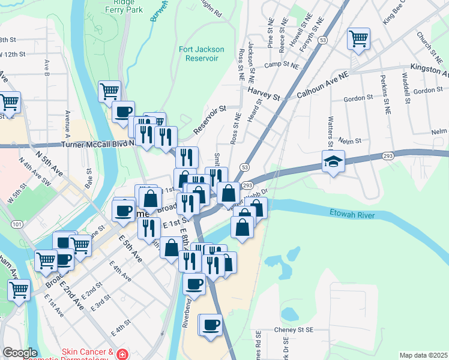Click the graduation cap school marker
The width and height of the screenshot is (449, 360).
[333, 161]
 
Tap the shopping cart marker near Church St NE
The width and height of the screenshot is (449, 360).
[358, 38]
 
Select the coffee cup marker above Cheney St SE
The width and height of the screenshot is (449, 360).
[210, 325]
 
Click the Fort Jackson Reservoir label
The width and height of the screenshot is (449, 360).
[202, 54]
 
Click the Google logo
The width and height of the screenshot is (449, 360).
[20, 352]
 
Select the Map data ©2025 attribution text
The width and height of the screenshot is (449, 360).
[423, 355]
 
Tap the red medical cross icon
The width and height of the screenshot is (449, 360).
[122, 354]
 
